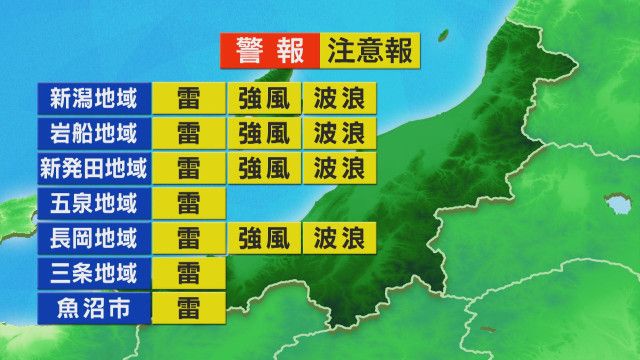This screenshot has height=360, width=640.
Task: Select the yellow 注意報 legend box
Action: pos(370,50)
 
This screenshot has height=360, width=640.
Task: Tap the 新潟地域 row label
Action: pos(95,98)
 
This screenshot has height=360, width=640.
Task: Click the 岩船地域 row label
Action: pos(95,133)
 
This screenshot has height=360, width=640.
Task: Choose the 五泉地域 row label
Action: pos(95,203)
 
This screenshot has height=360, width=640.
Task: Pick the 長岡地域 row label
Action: pos(95,238)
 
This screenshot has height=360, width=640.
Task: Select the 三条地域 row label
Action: pos(95,272)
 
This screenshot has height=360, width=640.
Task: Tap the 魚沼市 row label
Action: pos(95,306)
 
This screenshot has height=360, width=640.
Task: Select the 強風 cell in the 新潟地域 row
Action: pos(264,98)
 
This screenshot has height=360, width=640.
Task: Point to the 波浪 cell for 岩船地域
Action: pos(339,133)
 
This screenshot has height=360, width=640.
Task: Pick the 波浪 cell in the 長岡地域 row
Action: pos(339,238)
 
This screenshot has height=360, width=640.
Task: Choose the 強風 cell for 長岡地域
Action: pos(264,238)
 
